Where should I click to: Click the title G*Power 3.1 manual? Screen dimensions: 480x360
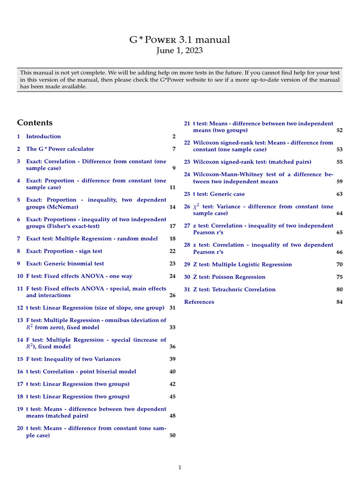point(180,40)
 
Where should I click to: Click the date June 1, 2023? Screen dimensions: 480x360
point(180,51)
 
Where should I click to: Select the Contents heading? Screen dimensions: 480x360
point(35,123)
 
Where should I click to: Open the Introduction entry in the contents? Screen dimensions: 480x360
point(43,136)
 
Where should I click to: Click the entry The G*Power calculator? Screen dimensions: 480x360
point(60,149)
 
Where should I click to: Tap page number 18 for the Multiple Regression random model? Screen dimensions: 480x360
point(172,239)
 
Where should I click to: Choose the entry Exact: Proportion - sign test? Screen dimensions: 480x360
point(64,251)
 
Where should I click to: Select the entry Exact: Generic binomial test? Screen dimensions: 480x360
point(65,264)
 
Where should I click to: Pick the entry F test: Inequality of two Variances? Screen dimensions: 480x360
point(73,359)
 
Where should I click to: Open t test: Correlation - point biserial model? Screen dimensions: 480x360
point(81,372)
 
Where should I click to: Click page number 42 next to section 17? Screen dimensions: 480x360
point(172,384)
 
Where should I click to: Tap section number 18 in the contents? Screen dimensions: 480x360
point(20,397)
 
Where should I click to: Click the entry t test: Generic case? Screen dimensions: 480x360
point(219,194)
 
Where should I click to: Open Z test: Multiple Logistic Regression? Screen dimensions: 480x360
point(242,264)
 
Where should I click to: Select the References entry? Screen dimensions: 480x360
point(199,302)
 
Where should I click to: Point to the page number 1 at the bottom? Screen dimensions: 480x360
point(180,467)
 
